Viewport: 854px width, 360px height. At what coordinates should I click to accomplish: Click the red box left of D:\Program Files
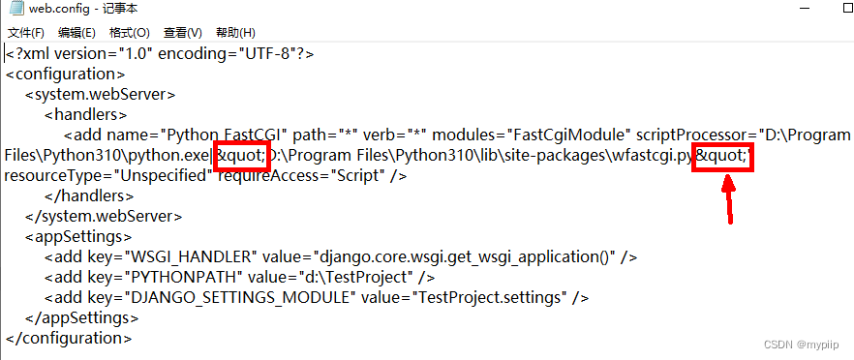(x=238, y=155)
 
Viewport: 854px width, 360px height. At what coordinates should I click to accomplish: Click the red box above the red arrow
(x=722, y=155)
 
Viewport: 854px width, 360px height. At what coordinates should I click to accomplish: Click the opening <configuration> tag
(x=65, y=74)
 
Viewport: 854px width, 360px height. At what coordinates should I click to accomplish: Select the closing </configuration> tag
(x=68, y=339)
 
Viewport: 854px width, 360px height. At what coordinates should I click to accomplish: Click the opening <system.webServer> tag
(x=100, y=94)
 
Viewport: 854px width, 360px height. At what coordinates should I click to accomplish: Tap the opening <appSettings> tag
(x=76, y=236)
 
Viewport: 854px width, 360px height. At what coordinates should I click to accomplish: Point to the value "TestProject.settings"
(x=490, y=297)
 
